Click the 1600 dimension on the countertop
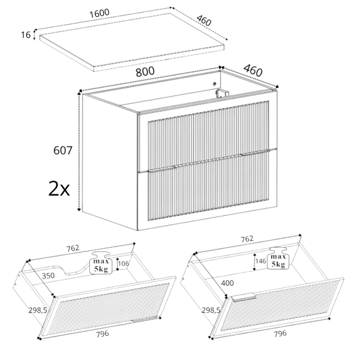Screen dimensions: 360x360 click(99, 13)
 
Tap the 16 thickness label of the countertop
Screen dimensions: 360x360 click(26, 35)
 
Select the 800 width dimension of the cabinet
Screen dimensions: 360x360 click(145, 72)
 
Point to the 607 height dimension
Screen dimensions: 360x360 click(62, 151)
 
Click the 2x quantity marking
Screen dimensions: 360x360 click(59, 189)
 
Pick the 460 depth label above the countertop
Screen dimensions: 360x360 click(203, 20)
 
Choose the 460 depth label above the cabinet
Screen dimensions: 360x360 click(253, 70)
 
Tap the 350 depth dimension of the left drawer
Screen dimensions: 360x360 click(48, 275)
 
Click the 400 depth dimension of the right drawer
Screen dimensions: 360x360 click(227, 283)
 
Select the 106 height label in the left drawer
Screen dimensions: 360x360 click(124, 263)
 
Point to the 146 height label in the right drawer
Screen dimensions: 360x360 click(260, 261)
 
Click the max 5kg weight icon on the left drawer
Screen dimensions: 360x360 click(101, 263)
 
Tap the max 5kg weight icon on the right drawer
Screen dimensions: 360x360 click(278, 258)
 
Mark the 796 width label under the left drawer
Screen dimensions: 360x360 click(103, 334)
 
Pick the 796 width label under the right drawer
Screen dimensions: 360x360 click(280, 333)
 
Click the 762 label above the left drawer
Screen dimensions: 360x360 click(73, 248)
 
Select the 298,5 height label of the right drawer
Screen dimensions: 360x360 click(211, 310)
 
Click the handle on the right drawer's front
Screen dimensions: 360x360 click(244, 297)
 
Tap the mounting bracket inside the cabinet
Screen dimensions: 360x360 click(222, 93)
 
